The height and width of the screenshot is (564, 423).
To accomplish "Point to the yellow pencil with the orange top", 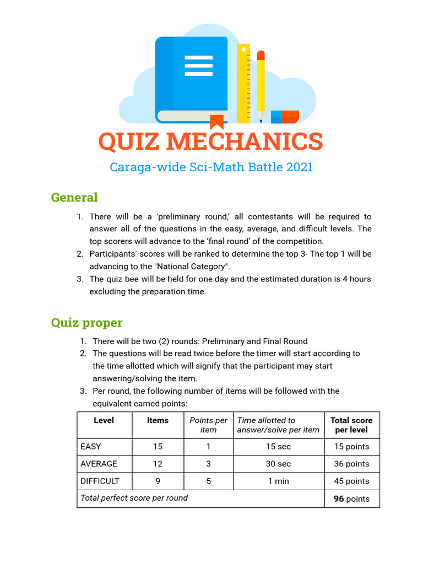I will click(x=261, y=85).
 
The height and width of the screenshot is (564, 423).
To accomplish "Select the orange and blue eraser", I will click(x=285, y=117).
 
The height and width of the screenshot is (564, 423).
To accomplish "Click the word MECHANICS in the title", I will click(x=244, y=142).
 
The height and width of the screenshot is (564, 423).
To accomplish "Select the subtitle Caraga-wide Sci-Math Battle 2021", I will click(x=211, y=167).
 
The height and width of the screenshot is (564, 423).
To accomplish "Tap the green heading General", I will click(x=74, y=197).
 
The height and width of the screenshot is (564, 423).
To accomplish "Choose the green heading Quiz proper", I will click(x=86, y=322).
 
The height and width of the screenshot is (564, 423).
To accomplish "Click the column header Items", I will click(x=158, y=420).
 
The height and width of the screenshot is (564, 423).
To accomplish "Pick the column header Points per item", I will click(x=208, y=425).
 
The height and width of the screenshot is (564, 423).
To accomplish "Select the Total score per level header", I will click(x=351, y=425).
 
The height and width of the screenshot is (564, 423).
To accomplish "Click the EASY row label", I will click(x=90, y=447).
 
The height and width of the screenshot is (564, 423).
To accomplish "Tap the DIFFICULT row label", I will click(x=100, y=481).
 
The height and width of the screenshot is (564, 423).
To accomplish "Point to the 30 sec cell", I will click(x=278, y=464).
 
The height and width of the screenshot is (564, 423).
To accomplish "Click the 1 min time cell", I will click(x=278, y=481).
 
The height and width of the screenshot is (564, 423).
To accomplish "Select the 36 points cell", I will click(x=351, y=464).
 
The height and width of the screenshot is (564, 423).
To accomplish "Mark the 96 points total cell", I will click(x=351, y=499).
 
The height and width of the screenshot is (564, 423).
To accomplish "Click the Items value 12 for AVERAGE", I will click(x=158, y=464).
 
